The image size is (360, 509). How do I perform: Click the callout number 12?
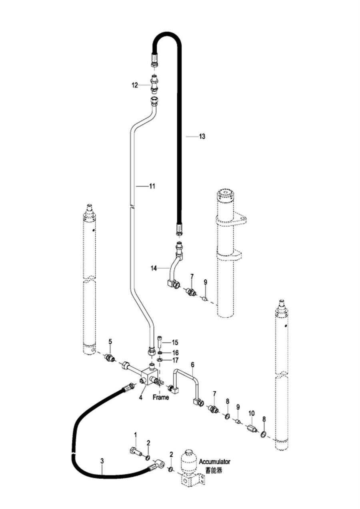(135, 86)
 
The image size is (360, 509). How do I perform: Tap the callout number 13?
(202, 136)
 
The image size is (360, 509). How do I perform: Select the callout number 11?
(152, 186)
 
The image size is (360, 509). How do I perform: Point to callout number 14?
(154, 269)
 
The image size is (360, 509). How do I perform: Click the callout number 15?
(175, 342)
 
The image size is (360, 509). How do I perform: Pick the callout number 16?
(176, 353)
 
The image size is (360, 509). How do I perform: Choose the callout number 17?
(176, 360)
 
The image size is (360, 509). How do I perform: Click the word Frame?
(161, 397)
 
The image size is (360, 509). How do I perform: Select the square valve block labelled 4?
(148, 379)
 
